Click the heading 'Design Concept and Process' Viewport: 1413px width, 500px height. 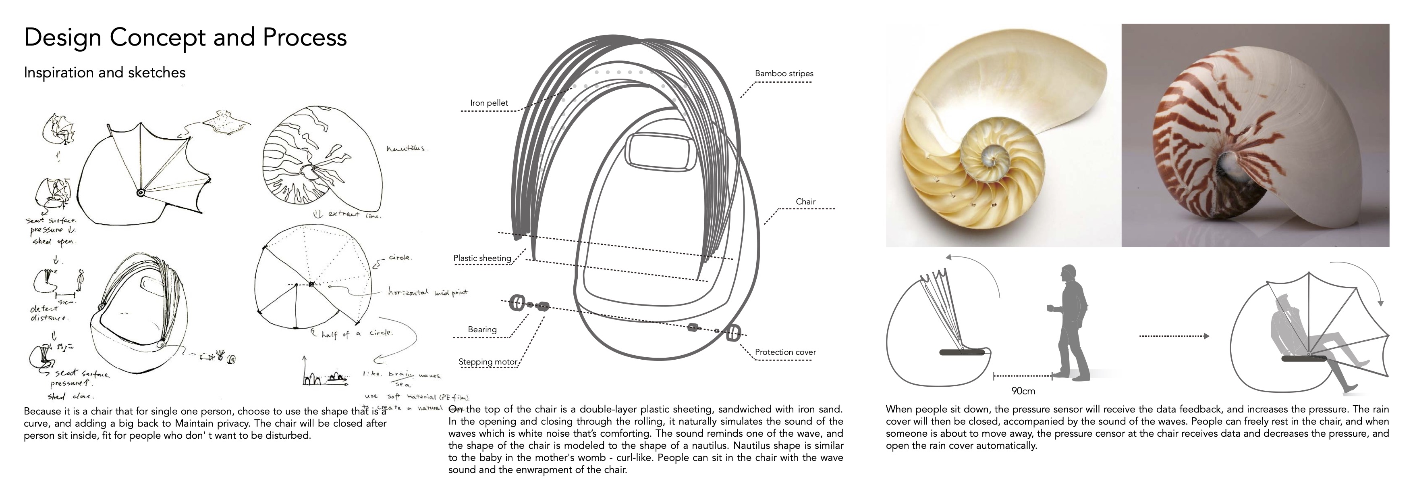185,37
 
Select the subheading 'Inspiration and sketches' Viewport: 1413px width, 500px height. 105,73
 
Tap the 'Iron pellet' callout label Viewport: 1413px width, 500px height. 489,103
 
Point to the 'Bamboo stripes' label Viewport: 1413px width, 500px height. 784,73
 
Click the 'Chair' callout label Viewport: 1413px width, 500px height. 805,202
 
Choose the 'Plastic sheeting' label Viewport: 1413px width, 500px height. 482,258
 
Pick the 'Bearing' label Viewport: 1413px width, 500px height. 482,329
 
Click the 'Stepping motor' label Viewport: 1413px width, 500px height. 488,362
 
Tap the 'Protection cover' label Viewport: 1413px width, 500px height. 785,352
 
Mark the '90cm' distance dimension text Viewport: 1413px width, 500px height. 1023,391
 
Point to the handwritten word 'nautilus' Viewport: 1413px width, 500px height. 407,148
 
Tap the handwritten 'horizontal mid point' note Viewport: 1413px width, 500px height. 428,292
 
